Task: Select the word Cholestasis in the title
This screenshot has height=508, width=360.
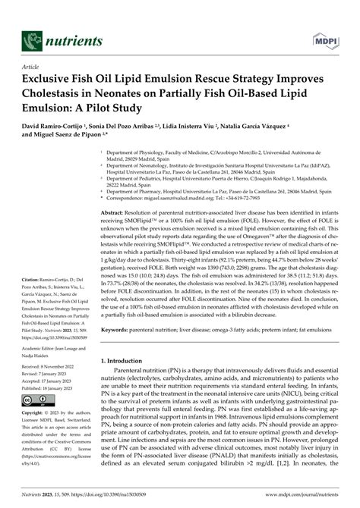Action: click(62, 93)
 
